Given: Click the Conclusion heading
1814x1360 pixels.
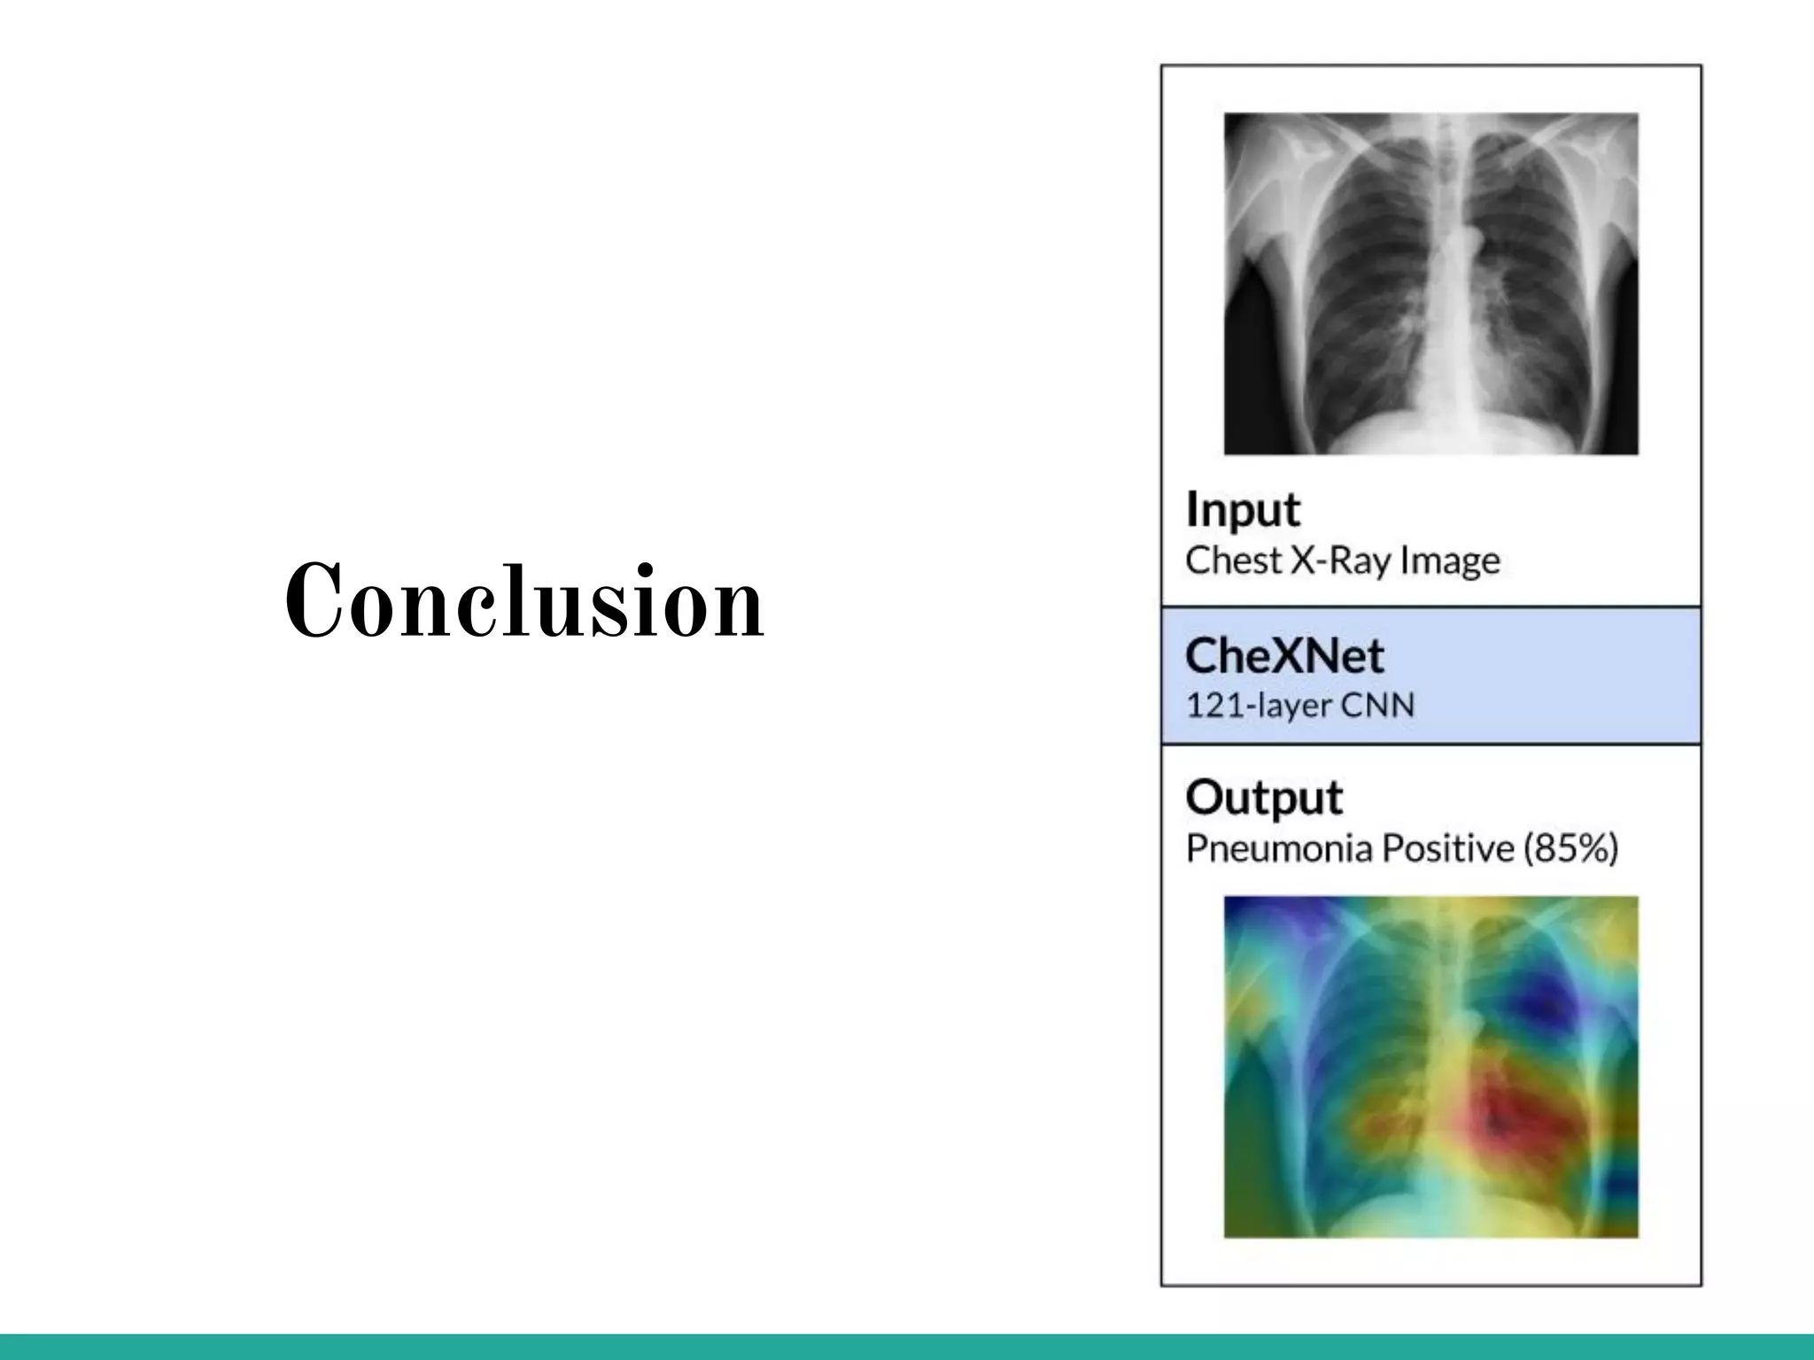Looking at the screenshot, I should coord(524,601).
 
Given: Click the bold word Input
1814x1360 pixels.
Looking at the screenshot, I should coord(1242,510).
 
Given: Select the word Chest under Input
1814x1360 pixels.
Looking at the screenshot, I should coord(1233,560).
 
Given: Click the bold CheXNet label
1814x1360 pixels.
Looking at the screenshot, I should coord(1283,656).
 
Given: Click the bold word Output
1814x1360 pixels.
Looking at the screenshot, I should coord(1263,797).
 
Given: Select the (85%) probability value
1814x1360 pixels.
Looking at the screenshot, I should coord(1570,848).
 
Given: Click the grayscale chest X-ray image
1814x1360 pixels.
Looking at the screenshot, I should coord(1430,283).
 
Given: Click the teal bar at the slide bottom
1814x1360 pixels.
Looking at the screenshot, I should coord(907,1347).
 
